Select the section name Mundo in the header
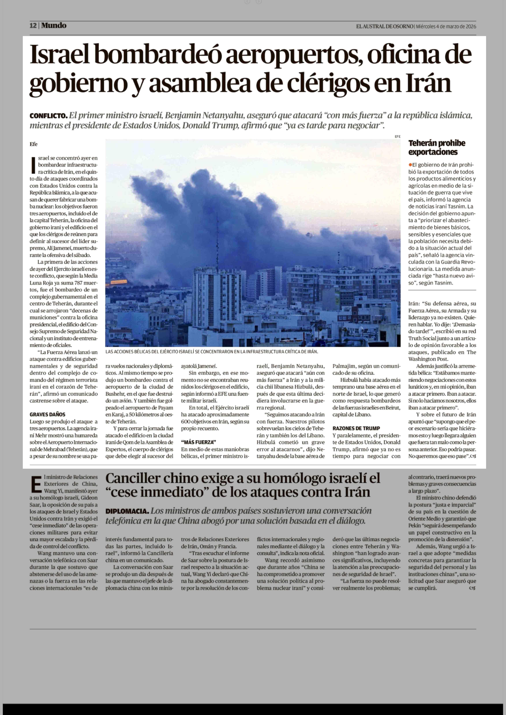click(54, 26)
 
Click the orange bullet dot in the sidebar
click(410, 165)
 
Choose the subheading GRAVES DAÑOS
click(47, 414)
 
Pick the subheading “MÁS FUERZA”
click(198, 442)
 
